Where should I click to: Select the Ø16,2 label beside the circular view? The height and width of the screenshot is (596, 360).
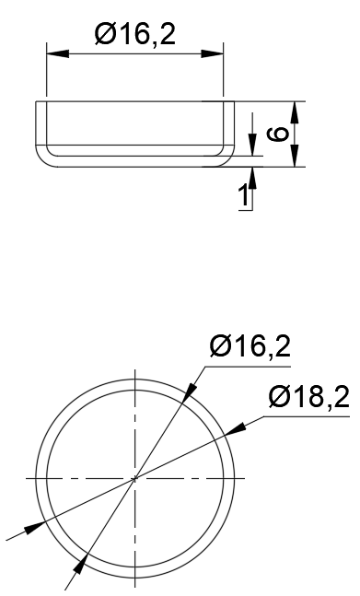(250, 346)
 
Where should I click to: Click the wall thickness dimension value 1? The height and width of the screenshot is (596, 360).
(244, 195)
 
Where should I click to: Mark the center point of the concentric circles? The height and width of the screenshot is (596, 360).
(134, 478)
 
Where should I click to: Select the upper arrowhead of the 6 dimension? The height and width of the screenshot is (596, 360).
(294, 111)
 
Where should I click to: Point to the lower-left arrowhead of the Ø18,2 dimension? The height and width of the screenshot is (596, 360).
(33, 526)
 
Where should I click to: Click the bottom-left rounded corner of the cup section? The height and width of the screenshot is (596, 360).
(44, 158)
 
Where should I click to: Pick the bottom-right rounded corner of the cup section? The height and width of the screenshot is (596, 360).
(225, 158)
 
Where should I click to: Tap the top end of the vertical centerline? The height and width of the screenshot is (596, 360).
(134, 369)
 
